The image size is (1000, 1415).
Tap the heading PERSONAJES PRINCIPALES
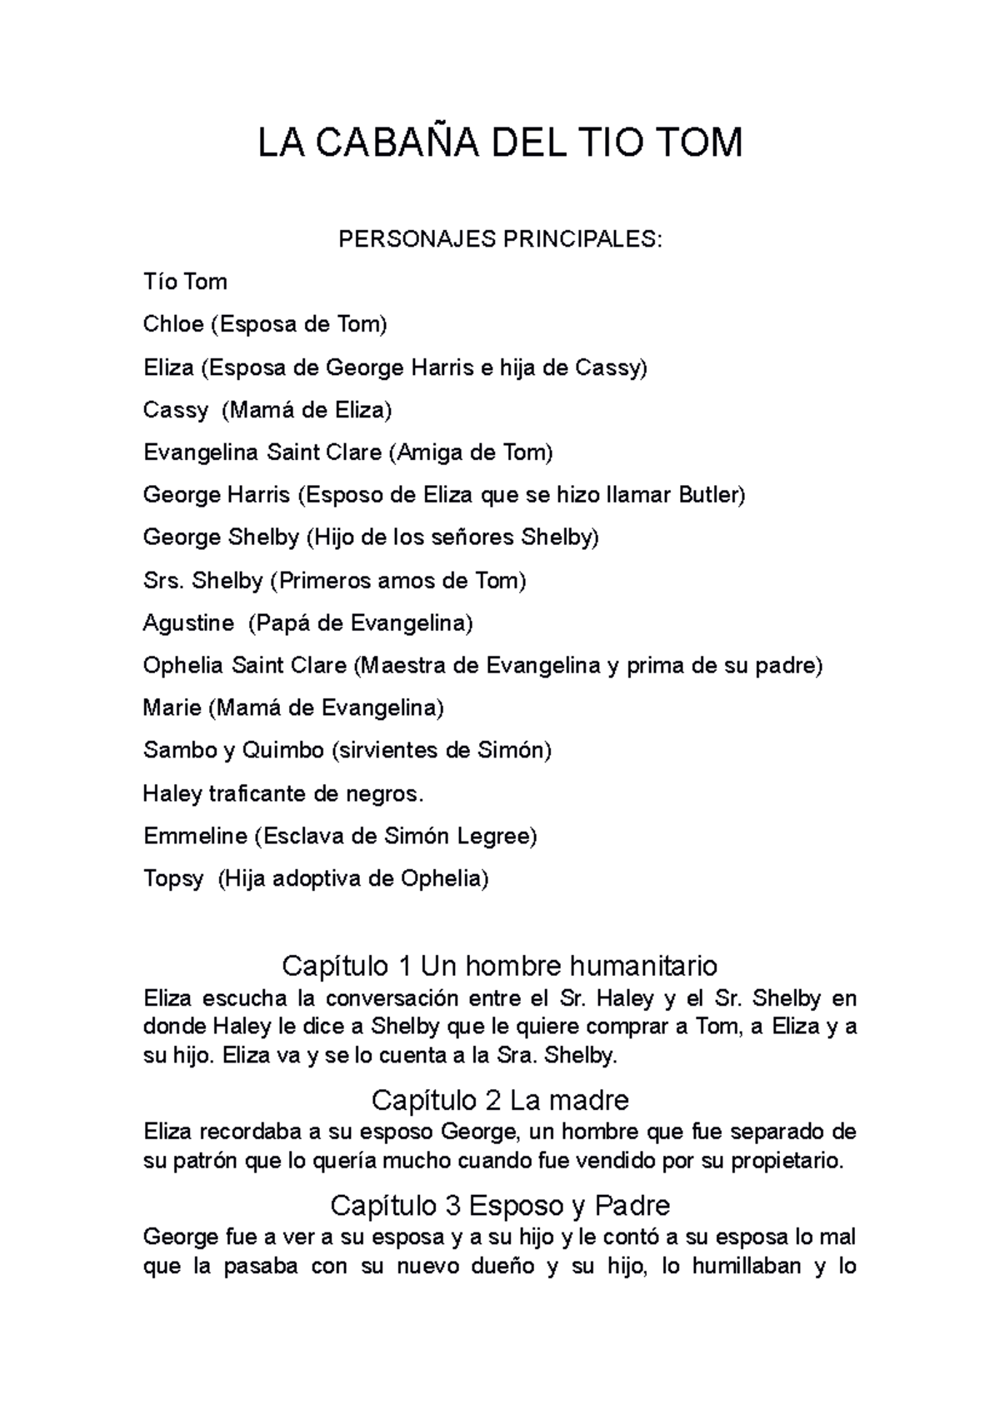500,240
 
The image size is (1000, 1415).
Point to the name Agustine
188,623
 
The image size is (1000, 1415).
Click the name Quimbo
282,751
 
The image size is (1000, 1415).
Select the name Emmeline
195,836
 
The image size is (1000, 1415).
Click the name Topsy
172,879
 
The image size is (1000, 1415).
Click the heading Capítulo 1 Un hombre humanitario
500,966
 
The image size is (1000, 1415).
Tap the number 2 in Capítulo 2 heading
492,1101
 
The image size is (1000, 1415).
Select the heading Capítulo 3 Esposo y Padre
500,1205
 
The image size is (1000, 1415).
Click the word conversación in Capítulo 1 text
392,998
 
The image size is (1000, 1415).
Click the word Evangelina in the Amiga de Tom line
201,452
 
